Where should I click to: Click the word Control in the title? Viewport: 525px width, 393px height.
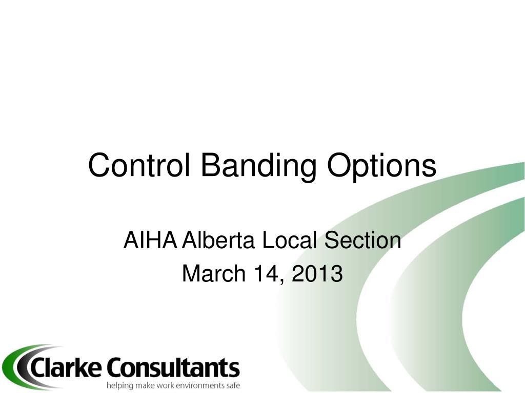pos(139,165)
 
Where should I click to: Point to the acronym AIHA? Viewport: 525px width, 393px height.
pos(150,240)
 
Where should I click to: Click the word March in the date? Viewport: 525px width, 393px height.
pos(214,273)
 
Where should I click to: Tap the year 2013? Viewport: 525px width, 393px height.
pos(317,273)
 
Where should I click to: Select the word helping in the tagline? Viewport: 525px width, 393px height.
pos(119,386)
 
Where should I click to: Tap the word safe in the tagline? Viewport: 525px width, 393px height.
pos(233,385)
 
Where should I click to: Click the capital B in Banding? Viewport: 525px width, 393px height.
pos(209,165)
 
